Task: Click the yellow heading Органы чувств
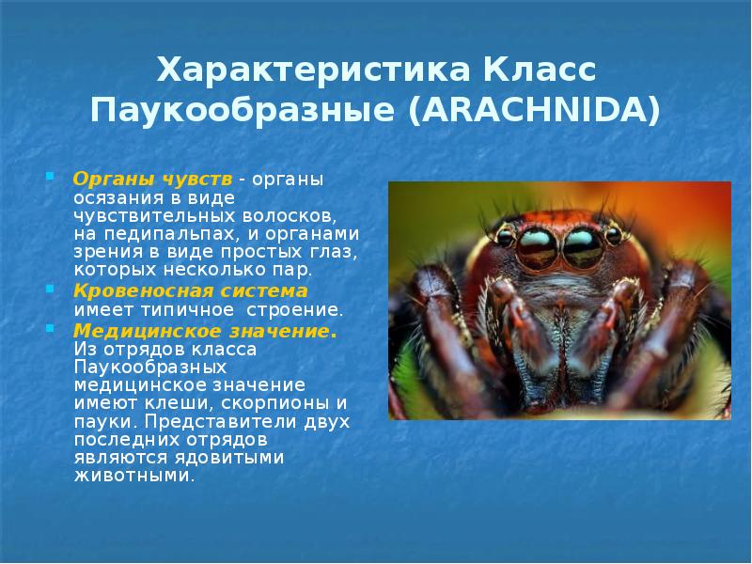(x=151, y=180)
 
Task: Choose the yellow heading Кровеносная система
(x=191, y=290)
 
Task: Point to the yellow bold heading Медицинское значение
(x=204, y=331)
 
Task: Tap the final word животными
(x=134, y=476)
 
